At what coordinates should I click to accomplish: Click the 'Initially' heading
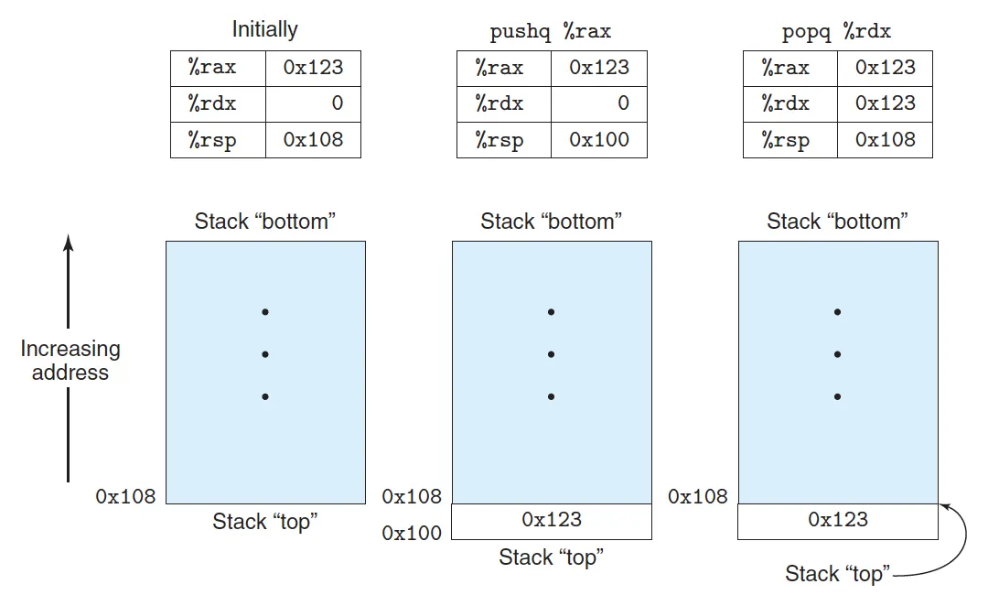pyautogui.click(x=264, y=29)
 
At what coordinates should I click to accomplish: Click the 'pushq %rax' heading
pyautogui.click(x=550, y=30)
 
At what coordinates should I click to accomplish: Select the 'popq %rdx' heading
pyautogui.click(x=836, y=30)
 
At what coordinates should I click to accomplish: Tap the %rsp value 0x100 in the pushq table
pyautogui.click(x=599, y=140)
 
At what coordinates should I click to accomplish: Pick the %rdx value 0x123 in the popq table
pyautogui.click(x=885, y=103)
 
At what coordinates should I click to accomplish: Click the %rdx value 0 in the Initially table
pyautogui.click(x=337, y=103)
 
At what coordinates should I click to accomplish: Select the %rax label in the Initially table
pyautogui.click(x=212, y=67)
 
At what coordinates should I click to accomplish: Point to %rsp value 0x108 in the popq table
pyautogui.click(x=885, y=140)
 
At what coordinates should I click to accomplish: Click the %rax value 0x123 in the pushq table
pyautogui.click(x=599, y=67)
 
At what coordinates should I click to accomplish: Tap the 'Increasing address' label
pyautogui.click(x=70, y=361)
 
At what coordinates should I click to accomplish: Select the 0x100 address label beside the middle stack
pyautogui.click(x=412, y=533)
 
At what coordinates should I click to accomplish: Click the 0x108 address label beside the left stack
pyautogui.click(x=125, y=496)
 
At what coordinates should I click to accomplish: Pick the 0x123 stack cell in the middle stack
pyautogui.click(x=552, y=522)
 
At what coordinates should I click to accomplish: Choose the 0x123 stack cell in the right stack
pyautogui.click(x=838, y=522)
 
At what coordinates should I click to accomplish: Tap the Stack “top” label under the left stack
pyautogui.click(x=265, y=521)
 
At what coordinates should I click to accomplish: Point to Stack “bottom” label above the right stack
pyautogui.click(x=837, y=222)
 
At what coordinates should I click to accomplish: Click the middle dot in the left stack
pyautogui.click(x=265, y=354)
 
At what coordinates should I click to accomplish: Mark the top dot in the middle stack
pyautogui.click(x=551, y=312)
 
